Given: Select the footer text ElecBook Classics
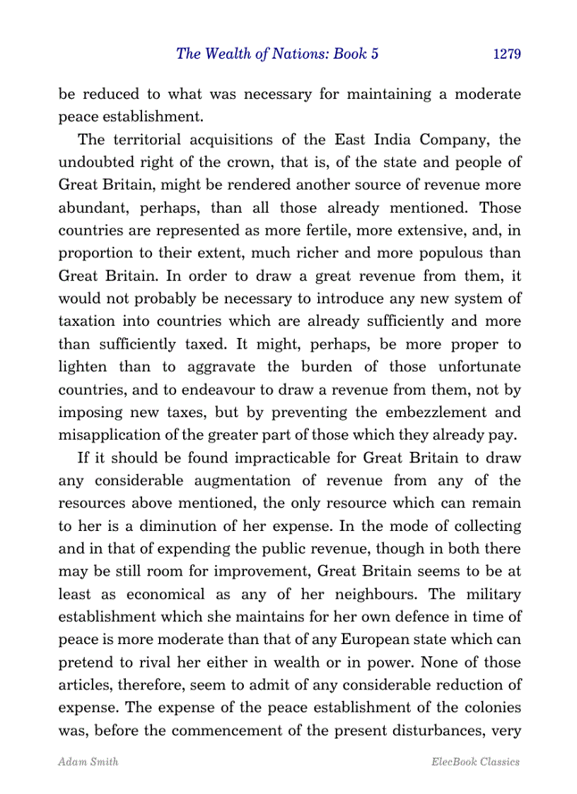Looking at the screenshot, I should [475, 762].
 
